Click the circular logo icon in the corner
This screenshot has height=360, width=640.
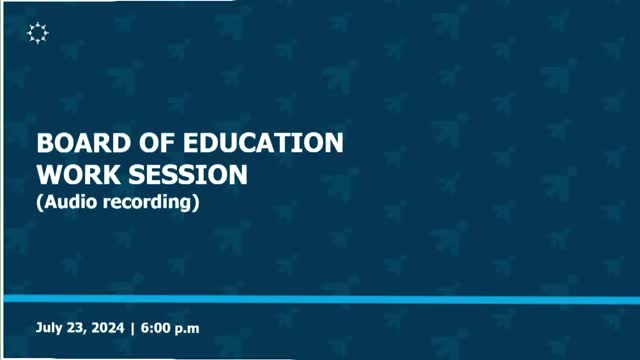click(x=38, y=34)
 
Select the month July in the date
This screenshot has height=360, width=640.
click(x=49, y=328)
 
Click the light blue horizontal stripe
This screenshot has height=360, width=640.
click(x=320, y=299)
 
